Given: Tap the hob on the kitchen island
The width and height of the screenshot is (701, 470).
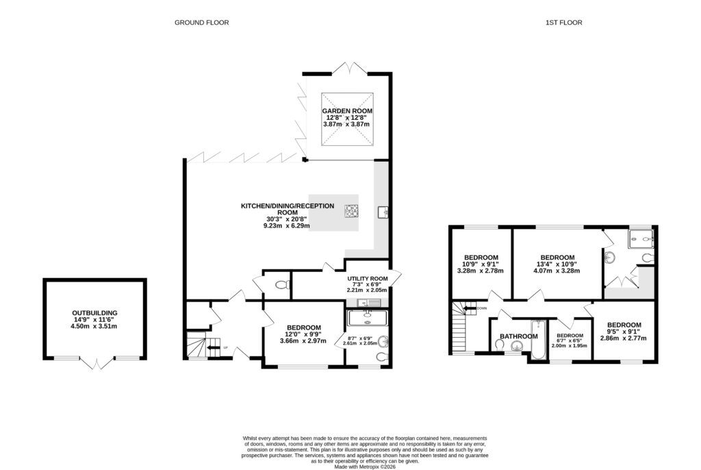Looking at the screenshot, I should (352, 211).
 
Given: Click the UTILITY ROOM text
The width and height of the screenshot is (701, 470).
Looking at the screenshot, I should (367, 279).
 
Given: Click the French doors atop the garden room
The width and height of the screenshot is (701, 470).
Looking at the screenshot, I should (350, 67).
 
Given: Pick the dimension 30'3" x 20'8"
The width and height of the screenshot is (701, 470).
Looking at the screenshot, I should (287, 219).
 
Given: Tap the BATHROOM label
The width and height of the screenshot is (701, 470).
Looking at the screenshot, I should (518, 336).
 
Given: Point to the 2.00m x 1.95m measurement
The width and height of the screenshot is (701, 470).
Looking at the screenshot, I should (569, 346).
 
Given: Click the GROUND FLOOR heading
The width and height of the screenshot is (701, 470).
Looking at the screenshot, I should (201, 23).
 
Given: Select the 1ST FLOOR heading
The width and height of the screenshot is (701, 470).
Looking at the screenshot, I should (563, 23).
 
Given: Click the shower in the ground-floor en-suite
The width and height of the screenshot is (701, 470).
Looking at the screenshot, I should (368, 318).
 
